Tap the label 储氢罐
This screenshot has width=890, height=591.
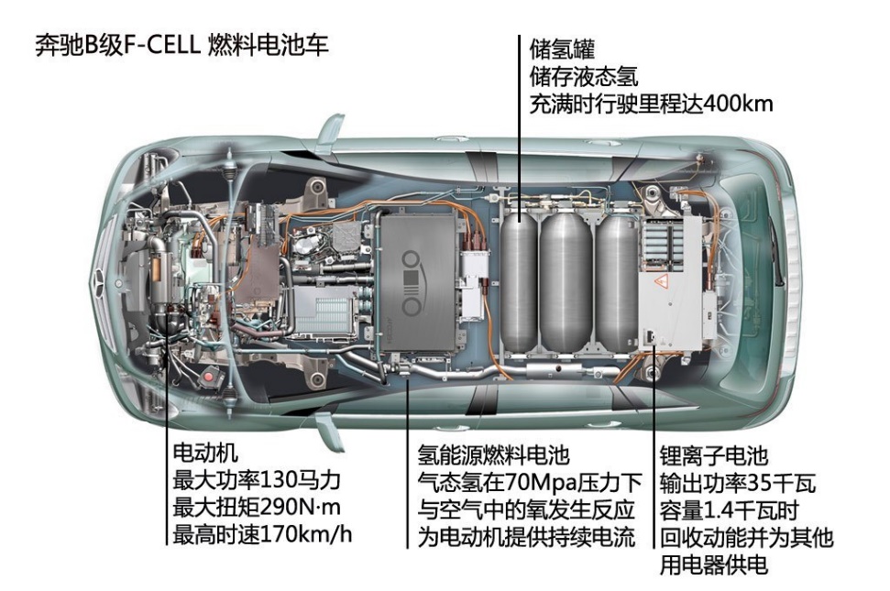(562, 49)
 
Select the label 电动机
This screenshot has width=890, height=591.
(205, 454)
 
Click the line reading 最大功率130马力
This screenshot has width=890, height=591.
(257, 480)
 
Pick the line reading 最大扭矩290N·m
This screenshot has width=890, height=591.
(257, 508)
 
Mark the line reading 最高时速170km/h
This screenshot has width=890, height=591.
(262, 534)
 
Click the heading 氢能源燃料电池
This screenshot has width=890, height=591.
(493, 454)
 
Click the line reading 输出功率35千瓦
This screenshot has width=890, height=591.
(737, 483)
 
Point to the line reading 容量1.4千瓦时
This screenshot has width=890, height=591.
(730, 510)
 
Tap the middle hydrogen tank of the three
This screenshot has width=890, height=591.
(566, 281)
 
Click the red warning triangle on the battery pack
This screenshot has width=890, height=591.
(660, 280)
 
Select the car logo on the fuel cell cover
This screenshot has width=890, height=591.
(413, 282)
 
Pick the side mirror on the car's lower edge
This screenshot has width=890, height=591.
(330, 431)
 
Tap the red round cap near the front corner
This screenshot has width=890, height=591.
(210, 377)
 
